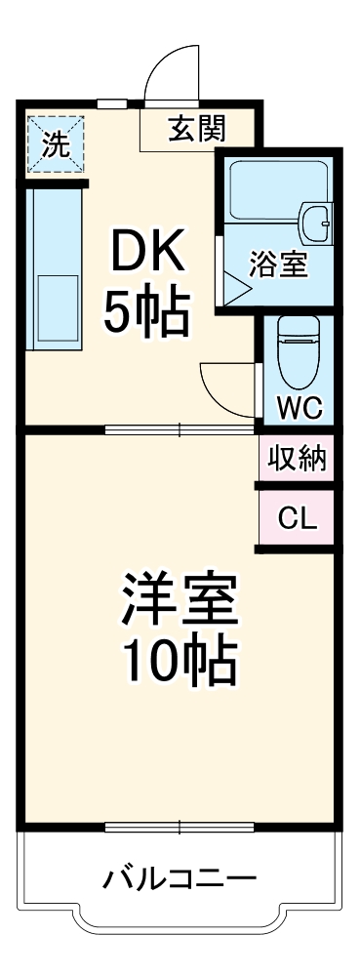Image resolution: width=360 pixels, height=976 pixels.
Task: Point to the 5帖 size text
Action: pyautogui.click(x=146, y=312)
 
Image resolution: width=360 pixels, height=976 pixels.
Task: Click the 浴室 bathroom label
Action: pyautogui.click(x=279, y=265)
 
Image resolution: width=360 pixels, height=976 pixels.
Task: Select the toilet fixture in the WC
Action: pyautogui.click(x=293, y=351)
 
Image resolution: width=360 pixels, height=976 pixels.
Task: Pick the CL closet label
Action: pyautogui.click(x=298, y=518)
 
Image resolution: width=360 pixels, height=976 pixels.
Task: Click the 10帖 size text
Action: pyautogui.click(x=180, y=664)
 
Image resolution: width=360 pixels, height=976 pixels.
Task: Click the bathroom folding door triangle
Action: pyautogui.click(x=235, y=287)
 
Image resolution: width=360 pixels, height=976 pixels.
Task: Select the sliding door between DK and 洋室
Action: pyautogui.click(x=180, y=428)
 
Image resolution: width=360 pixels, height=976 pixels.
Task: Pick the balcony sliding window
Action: pyautogui.click(x=180, y=828)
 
